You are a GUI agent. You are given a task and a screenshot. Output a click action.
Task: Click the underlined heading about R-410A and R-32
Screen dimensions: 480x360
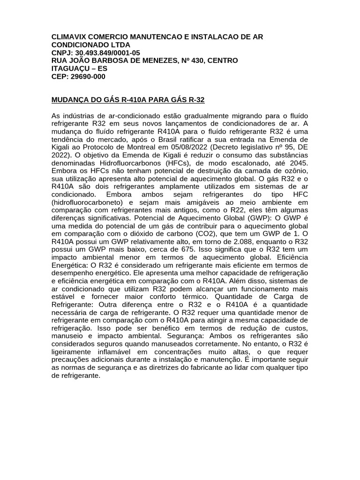pyautogui.click(x=127, y=100)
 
